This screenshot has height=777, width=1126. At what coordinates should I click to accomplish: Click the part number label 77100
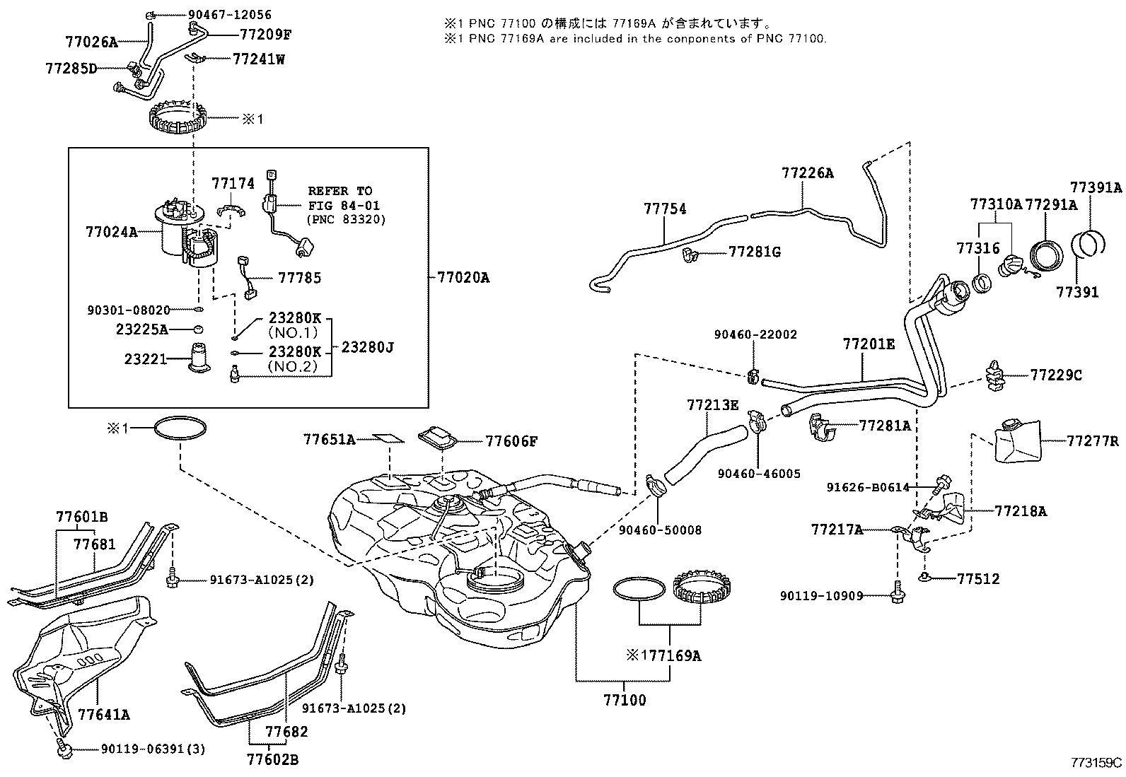(625, 701)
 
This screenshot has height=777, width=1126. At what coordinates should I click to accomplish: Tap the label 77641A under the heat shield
(104, 714)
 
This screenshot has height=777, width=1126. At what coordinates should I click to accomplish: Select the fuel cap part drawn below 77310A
(1010, 268)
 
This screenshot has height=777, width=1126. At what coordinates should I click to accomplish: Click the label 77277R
(1093, 441)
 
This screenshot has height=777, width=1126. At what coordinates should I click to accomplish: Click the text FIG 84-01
(344, 205)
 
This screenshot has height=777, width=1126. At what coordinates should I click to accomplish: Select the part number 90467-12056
(220, 14)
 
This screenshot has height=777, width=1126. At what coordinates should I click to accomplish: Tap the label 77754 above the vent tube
(665, 209)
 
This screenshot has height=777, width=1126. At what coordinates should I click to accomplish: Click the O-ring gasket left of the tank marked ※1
(180, 428)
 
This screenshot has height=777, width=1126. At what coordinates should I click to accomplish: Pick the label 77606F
(511, 441)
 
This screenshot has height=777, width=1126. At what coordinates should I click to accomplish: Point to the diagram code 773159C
(1096, 762)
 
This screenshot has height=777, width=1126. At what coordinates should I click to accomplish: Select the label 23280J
(367, 347)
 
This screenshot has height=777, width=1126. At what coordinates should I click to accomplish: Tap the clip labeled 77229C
(995, 375)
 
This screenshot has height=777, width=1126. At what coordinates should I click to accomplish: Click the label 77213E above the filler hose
(712, 404)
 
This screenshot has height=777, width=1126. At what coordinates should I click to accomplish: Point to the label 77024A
(112, 230)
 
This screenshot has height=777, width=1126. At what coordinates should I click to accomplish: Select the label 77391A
(1096, 187)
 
